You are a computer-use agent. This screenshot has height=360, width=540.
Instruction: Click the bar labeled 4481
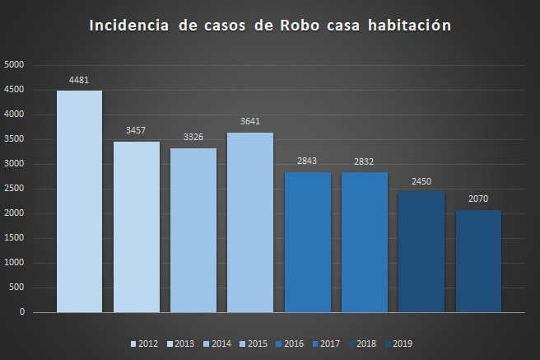click(x=79, y=202)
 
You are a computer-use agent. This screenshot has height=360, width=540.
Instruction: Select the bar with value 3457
click(x=137, y=227)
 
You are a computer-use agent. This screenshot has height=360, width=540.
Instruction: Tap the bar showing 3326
click(x=193, y=231)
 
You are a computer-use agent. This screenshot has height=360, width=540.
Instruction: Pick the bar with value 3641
click(x=250, y=222)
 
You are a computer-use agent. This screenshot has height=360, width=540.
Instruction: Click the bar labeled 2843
click(x=308, y=242)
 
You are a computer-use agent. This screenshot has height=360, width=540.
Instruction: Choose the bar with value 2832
click(x=365, y=242)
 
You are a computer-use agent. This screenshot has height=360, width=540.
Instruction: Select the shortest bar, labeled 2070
click(x=478, y=261)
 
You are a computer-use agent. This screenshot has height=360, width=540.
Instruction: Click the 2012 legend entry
click(x=145, y=343)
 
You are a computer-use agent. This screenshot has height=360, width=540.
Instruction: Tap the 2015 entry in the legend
click(x=255, y=343)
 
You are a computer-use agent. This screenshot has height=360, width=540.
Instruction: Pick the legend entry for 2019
click(x=398, y=343)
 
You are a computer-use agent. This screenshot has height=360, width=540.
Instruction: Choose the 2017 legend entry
click(x=326, y=343)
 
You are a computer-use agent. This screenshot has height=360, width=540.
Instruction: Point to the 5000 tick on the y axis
click(x=15, y=65)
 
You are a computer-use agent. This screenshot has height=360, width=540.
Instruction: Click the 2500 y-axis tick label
click(x=15, y=189)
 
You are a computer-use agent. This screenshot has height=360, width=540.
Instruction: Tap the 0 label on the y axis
click(x=22, y=313)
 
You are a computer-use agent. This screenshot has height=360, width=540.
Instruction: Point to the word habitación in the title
click(x=410, y=26)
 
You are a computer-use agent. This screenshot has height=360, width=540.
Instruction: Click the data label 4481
click(x=79, y=81)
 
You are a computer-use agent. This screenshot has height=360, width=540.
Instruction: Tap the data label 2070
click(x=478, y=200)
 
